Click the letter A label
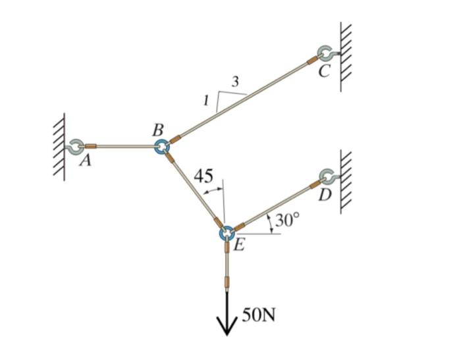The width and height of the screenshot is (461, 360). [x=84, y=161]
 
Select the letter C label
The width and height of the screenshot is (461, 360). [x=323, y=72]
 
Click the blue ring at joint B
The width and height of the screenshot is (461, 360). [x=161, y=146]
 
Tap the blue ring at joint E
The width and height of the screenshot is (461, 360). [x=226, y=233]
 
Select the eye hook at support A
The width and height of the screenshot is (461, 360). [x=74, y=146]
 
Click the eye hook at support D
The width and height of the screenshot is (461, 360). [x=327, y=176]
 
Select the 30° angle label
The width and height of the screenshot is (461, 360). [x=287, y=220]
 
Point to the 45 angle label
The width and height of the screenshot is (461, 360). [x=203, y=176]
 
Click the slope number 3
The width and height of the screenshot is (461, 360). [x=235, y=81]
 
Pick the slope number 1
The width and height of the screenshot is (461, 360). [x=206, y=101]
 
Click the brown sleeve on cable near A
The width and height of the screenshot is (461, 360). [x=92, y=146]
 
